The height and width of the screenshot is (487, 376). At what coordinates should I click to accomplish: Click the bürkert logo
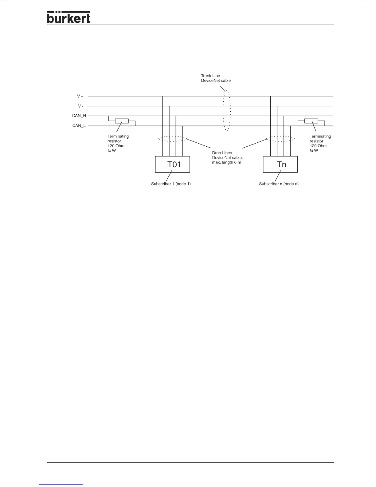click(69, 17)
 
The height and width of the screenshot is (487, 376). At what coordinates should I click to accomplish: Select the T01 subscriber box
click(172, 164)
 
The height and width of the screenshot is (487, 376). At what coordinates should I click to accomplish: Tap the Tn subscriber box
click(280, 164)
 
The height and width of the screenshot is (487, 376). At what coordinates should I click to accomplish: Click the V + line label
click(80, 96)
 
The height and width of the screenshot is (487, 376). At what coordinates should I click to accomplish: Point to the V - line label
click(80, 106)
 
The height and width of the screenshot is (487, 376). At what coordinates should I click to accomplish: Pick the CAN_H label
click(79, 116)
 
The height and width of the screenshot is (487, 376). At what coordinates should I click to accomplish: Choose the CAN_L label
click(79, 126)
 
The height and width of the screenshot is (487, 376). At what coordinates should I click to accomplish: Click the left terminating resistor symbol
click(121, 121)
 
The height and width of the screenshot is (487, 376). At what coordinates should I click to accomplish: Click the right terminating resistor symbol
click(311, 121)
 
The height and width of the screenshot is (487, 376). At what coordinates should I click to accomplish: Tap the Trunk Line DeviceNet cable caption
click(216, 78)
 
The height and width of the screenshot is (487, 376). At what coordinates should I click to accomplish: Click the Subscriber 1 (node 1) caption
click(171, 184)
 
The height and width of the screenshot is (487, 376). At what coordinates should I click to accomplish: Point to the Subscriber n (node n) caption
click(279, 184)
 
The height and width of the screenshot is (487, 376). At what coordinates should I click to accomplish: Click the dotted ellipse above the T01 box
click(172, 139)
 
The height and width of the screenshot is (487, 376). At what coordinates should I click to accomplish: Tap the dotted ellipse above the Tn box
click(280, 139)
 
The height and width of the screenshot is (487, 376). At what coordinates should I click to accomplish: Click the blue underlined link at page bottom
click(61, 484)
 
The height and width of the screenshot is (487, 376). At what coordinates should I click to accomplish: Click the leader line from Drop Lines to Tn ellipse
click(254, 145)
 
